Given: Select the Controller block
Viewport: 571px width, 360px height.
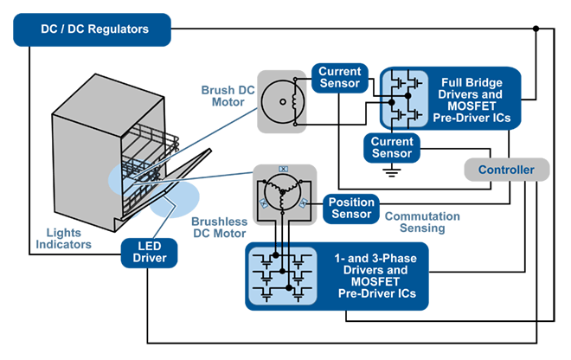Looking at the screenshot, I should pos(506,170).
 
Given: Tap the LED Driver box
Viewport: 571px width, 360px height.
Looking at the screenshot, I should pos(149,251).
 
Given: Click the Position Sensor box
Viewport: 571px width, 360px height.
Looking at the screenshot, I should pos(351,208).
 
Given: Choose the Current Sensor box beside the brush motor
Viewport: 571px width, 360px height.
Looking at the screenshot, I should pos(339,77).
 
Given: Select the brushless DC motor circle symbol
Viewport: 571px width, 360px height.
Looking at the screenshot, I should pos(281,193).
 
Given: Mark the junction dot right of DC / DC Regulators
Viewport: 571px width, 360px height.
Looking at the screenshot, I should pos(536,29).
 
